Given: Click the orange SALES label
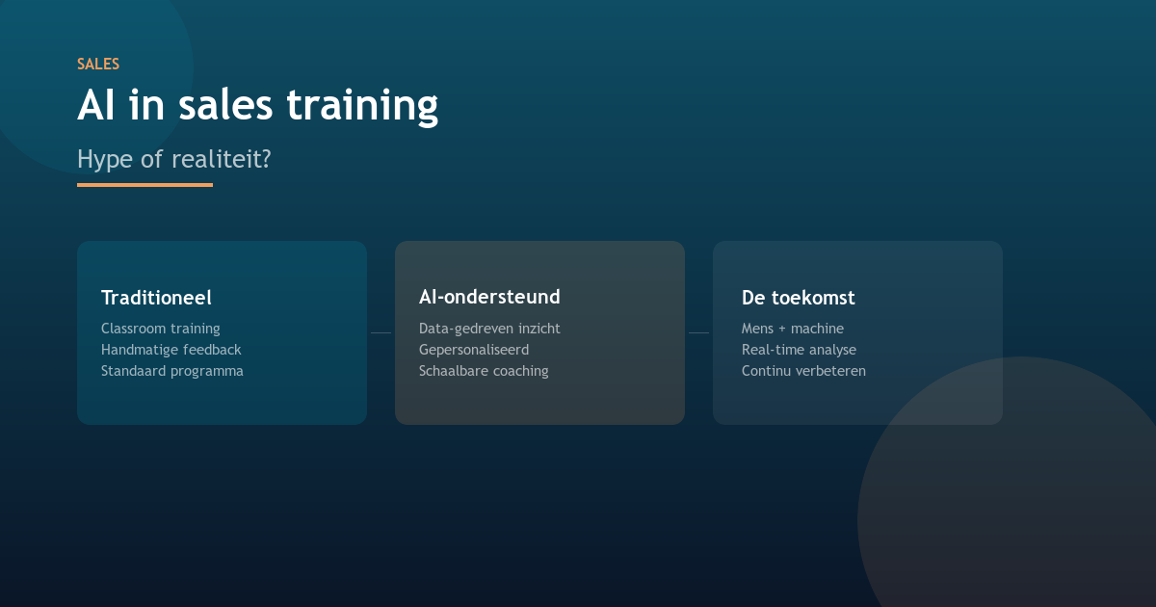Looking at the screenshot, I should tap(98, 65).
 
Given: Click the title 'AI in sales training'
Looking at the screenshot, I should tap(257, 105).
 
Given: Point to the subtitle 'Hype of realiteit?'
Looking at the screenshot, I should tap(173, 159).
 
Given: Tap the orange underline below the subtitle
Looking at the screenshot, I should tap(144, 184).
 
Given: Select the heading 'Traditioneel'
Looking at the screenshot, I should tap(156, 298).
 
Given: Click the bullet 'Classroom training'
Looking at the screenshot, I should tap(160, 329).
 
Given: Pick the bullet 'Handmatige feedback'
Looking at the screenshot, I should tap(171, 350).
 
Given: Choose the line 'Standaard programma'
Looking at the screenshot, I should tap(171, 371).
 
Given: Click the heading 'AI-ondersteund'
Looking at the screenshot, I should tap(489, 297).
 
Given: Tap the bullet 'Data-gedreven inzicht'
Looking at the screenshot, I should tap(489, 329).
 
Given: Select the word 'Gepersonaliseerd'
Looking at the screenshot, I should tap(474, 350).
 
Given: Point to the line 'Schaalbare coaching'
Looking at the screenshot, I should tap(484, 371).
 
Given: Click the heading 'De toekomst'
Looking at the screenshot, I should tap(798, 298).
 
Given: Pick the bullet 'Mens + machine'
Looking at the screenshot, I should tap(792, 329).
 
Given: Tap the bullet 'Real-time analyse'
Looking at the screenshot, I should tap(799, 350).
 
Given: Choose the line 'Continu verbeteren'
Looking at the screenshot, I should tap(803, 371).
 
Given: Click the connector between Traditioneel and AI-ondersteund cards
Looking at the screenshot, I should tap(381, 332).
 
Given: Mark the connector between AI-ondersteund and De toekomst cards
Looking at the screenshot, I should tap(698, 332).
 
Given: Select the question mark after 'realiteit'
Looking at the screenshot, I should tap(265, 159).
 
